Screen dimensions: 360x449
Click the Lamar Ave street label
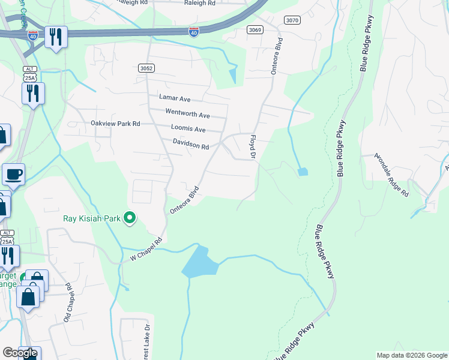[x=174, y=98]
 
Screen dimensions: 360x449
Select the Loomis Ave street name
[x=188, y=129]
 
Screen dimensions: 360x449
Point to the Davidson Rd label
[x=190, y=145]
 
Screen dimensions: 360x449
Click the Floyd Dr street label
[x=253, y=147]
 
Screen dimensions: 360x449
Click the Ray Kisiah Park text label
[x=91, y=218]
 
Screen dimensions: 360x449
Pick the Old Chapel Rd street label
[x=68, y=302]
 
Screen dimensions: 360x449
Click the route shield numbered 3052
[x=146, y=68]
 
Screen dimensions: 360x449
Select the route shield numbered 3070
[x=292, y=20]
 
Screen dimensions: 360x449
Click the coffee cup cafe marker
[x=13, y=175]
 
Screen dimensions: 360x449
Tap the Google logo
[x=20, y=353]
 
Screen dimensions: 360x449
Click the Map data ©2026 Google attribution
[x=412, y=355]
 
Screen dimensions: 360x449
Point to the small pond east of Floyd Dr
[x=303, y=172]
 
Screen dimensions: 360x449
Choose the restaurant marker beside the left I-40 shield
[x=55, y=37]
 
